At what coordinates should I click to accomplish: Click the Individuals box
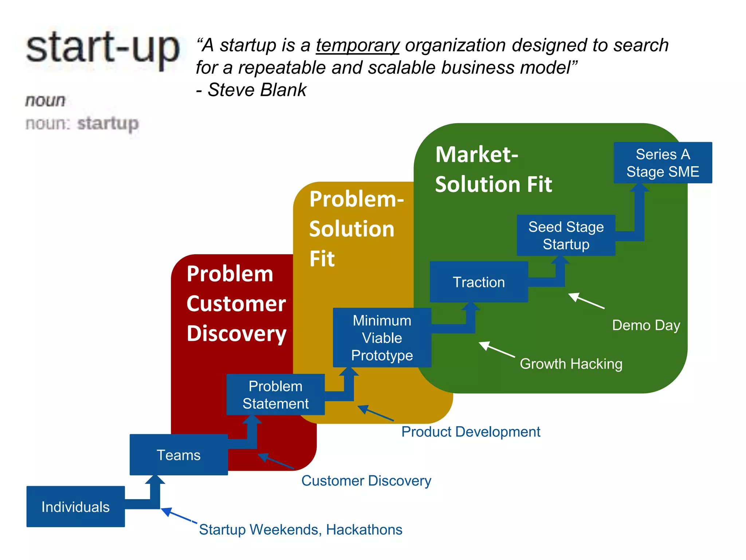[x=75, y=506]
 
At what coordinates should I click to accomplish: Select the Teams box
[x=178, y=455]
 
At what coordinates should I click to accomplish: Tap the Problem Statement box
[x=275, y=394]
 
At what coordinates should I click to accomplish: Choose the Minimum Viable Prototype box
[x=382, y=338]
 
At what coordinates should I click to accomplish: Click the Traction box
[x=479, y=282]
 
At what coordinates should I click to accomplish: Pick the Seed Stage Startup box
[x=566, y=235]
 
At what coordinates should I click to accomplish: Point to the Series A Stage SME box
[x=663, y=163]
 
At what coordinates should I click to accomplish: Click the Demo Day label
[x=646, y=325]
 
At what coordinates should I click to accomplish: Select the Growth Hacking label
[x=571, y=363]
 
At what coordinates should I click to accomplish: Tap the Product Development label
[x=471, y=432]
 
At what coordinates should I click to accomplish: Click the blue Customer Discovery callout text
[x=366, y=481]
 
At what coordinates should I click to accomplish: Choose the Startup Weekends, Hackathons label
[x=301, y=529]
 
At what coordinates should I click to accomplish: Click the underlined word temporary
[x=358, y=46]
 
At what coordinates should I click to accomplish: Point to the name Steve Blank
[x=257, y=90]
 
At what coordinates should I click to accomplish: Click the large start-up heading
[x=103, y=48]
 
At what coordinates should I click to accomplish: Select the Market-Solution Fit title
[x=493, y=169]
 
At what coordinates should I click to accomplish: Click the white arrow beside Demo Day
[x=586, y=301]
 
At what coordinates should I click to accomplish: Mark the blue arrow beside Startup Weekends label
[x=178, y=516]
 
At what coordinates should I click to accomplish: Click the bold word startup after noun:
[x=108, y=123]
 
